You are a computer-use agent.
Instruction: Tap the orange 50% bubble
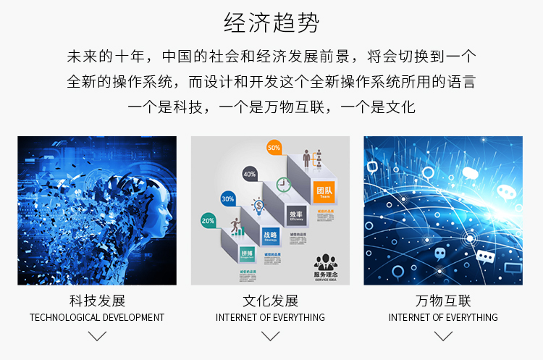coord(274,148)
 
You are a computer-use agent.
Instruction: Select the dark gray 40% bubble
coord(250,174)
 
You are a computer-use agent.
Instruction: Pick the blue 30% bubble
coord(228,198)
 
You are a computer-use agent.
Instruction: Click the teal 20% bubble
coord(209,220)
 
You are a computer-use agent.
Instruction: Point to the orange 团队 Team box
coord(323,193)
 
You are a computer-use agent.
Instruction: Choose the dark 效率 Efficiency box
coord(295,216)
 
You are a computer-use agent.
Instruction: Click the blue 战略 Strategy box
coord(269,236)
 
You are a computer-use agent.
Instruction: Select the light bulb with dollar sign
coord(257,206)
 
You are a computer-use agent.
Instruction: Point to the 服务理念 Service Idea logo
coord(327,267)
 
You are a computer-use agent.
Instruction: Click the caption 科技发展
coord(97,301)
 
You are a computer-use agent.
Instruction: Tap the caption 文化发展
coord(270,301)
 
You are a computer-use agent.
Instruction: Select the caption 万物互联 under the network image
coord(443,301)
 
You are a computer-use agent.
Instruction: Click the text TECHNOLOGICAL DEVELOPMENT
coord(97,317)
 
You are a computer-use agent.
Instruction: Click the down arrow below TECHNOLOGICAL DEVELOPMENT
coord(97,336)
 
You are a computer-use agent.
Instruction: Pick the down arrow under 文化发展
coord(270,336)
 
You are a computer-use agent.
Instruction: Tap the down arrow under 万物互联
coord(443,336)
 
